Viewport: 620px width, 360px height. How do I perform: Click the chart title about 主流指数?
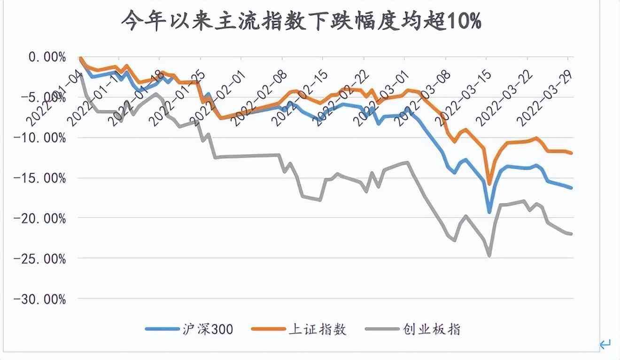point(301,21)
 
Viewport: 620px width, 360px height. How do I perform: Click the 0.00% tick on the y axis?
point(47,57)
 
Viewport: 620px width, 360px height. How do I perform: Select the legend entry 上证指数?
point(301,329)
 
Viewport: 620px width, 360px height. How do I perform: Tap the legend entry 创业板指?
point(413,329)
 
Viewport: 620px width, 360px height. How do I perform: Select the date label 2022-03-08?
point(423,99)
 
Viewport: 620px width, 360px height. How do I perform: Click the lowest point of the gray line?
point(489,256)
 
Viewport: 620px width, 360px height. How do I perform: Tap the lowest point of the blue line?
point(489,212)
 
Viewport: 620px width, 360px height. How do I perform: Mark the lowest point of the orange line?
point(489,184)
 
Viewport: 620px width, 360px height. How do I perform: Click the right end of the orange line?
point(571,153)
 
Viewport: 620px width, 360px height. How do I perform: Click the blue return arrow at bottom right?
point(605,344)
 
